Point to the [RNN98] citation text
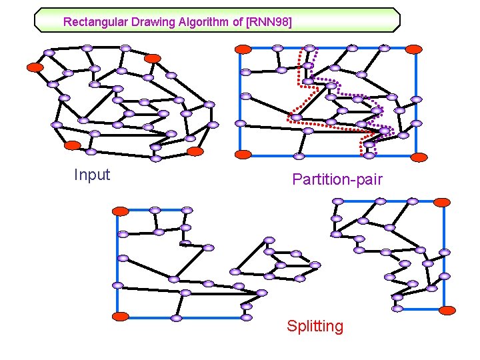tap(269, 22)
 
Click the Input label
tap(92, 175)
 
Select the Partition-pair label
tap(337, 179)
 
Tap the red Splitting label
tap(315, 327)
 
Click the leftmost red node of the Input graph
tap(35, 67)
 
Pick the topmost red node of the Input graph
tap(153, 59)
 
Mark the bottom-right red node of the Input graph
tap(195, 151)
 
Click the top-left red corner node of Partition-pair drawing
tap(244, 49)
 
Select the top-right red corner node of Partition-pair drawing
tap(414, 49)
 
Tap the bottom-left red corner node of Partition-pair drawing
tap(244, 154)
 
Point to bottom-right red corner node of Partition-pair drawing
tap(419, 157)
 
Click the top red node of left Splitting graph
tap(120, 211)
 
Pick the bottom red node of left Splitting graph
tap(120, 315)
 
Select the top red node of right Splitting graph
tap(442, 202)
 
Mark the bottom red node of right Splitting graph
tap(447, 309)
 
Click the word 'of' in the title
tap(237, 22)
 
